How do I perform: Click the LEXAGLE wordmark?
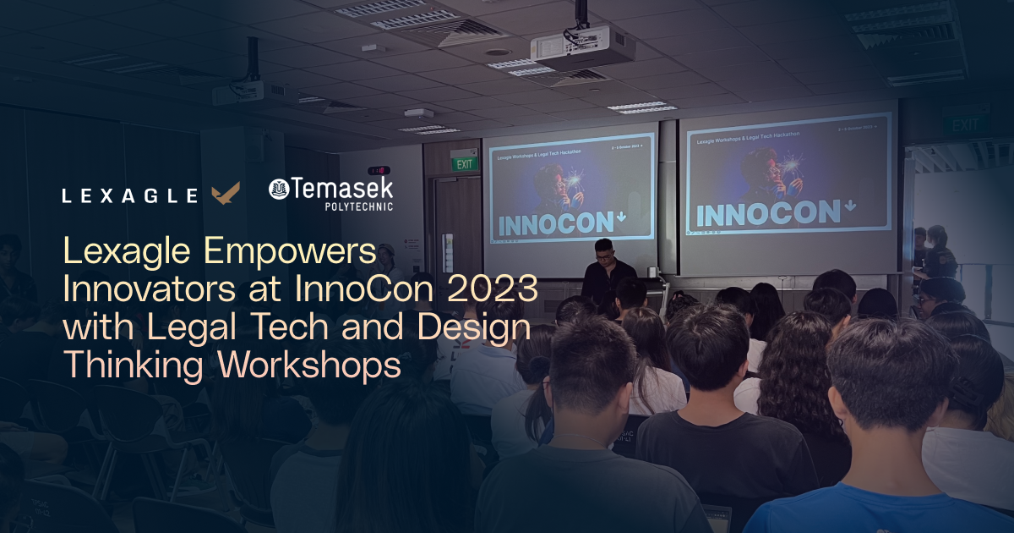click(x=130, y=196)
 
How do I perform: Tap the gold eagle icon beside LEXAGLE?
click(x=226, y=194)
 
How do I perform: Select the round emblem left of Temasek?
click(x=279, y=190)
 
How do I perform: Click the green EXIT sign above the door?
click(x=463, y=163)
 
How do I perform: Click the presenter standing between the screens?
click(x=605, y=271)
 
